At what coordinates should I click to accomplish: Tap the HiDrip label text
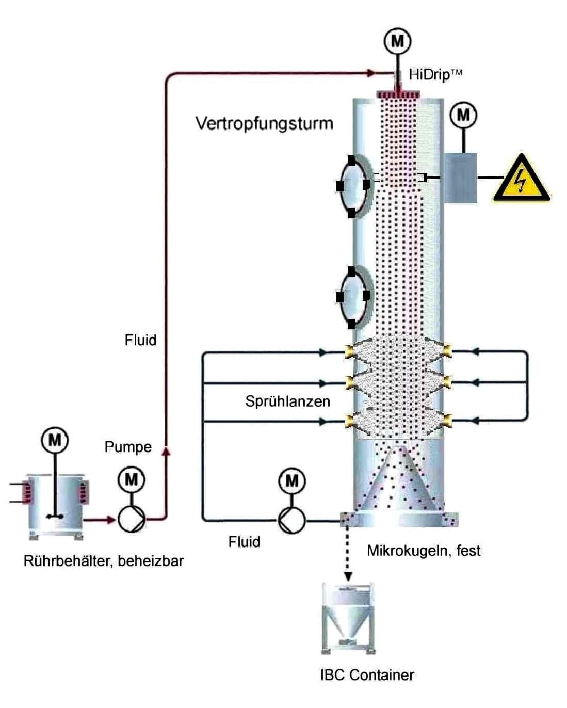coord(434,74)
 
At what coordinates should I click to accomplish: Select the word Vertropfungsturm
coord(264,123)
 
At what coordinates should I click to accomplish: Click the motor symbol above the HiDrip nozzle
coord(397,40)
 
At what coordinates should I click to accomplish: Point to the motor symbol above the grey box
coord(463,115)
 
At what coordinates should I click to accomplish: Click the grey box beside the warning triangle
coord(460,178)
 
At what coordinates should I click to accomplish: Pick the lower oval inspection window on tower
coord(353,297)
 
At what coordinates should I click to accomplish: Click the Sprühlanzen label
coord(287,401)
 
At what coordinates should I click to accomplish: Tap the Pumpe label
coord(128,447)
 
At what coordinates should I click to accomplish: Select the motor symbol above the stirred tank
coord(55,440)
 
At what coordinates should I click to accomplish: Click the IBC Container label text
coord(367,674)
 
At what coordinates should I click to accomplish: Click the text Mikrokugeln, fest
coord(423,551)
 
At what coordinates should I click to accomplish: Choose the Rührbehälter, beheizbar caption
coord(104,560)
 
